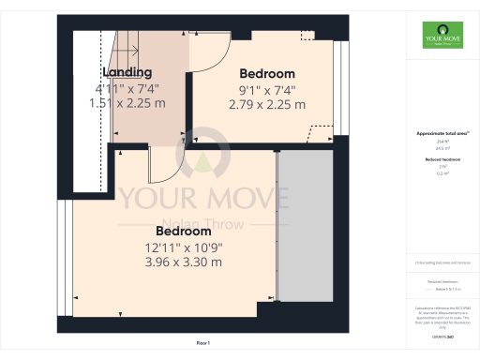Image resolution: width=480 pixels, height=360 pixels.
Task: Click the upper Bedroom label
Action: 267,74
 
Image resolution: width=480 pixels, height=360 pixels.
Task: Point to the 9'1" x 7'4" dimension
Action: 267,90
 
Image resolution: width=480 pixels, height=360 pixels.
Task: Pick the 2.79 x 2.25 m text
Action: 267,105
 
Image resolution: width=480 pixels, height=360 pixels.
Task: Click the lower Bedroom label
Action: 184,231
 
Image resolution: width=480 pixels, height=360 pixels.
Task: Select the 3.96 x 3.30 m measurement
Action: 184,262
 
